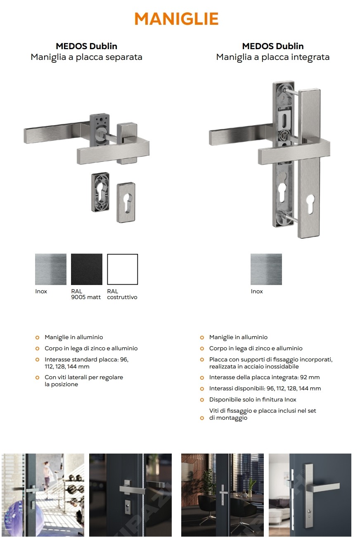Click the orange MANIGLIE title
177,19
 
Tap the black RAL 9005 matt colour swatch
86,269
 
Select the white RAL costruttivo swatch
122,269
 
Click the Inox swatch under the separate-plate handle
50,269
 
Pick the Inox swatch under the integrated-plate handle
266,269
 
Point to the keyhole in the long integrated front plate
310,204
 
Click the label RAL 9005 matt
86,294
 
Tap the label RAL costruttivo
122,294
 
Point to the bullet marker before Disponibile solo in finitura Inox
202,399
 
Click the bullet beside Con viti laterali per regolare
38,378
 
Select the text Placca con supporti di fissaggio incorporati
271,360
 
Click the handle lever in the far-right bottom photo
324,487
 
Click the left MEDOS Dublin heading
86,46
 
